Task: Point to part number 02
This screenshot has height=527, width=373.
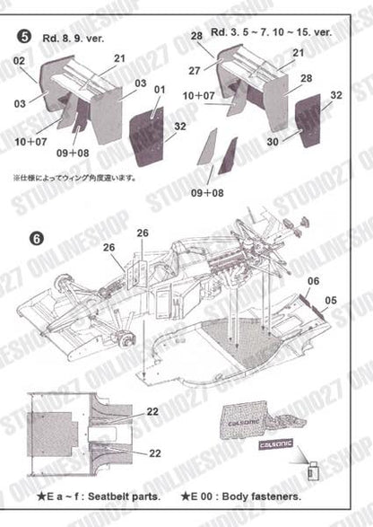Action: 19,61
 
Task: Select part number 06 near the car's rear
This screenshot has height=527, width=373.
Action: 312,281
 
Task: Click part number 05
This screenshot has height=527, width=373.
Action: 333,300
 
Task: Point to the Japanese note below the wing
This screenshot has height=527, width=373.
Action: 75,178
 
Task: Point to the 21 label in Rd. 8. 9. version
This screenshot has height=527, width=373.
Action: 120,58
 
